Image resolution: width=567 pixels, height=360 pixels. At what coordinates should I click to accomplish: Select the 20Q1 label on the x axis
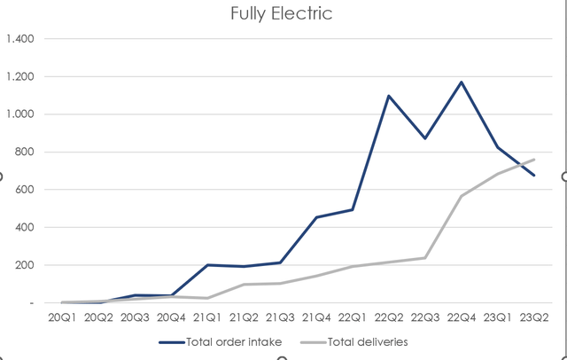[63, 317]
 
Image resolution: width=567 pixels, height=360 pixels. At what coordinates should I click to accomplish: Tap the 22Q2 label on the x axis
[388, 317]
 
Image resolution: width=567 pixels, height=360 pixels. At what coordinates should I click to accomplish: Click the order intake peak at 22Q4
[462, 82]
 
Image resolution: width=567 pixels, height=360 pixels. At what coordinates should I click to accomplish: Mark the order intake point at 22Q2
[388, 96]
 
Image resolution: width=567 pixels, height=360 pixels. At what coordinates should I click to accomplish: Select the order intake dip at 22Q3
[425, 138]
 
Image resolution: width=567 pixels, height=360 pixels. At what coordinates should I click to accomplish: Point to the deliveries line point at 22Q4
[462, 196]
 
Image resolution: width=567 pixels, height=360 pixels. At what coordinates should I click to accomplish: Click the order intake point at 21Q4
[316, 217]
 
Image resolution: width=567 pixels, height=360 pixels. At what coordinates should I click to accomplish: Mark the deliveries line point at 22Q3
[425, 258]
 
